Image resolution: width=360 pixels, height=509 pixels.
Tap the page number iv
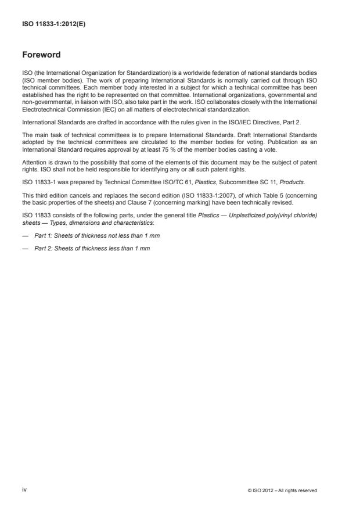coord(24,490)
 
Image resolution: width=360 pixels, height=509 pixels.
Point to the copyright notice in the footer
coord(282,490)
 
